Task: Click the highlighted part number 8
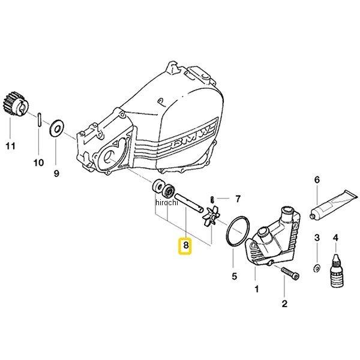click(185, 245)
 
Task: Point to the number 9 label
click(57, 174)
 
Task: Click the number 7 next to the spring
click(238, 198)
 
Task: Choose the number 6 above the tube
click(317, 179)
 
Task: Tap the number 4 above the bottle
click(336, 239)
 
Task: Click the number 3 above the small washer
click(317, 239)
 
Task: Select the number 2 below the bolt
click(284, 304)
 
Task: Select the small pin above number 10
click(38, 118)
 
